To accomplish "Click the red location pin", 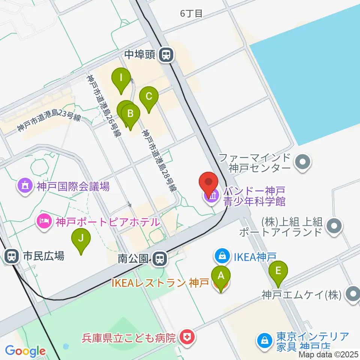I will coord(210,183).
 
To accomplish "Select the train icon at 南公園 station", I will coord(160,258).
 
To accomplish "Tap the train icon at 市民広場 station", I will coord(12,256).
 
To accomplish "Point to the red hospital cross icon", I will coord(186,337).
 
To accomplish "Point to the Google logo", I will coord(25,351).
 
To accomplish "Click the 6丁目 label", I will coord(191,14).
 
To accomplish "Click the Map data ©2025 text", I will coord(329,354).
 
